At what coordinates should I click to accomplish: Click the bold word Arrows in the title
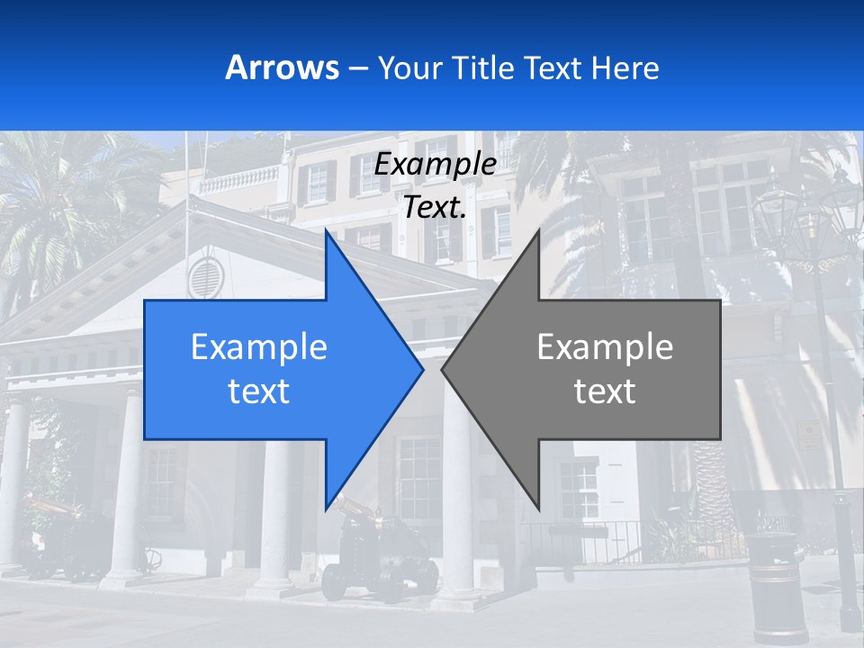click(x=283, y=68)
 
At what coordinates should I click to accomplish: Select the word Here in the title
click(x=625, y=68)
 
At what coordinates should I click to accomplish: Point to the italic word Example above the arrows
click(x=435, y=165)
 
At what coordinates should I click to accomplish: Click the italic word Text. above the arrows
click(x=435, y=207)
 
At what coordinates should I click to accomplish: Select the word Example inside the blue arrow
click(x=259, y=347)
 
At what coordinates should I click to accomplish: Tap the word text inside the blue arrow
click(x=259, y=391)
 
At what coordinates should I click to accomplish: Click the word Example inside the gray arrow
click(x=605, y=347)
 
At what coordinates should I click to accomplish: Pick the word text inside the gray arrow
click(x=605, y=391)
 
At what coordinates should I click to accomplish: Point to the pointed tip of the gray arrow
click(x=444, y=369)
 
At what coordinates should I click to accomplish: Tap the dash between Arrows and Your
click(x=356, y=68)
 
